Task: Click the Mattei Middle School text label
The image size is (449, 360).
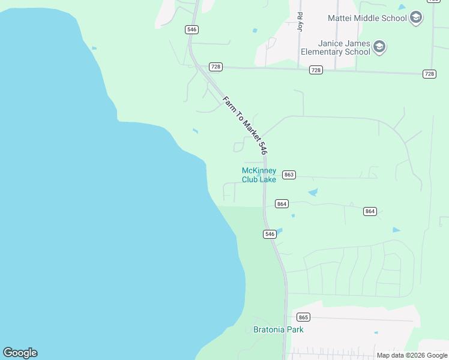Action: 367,18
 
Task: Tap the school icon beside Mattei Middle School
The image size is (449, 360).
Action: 416,17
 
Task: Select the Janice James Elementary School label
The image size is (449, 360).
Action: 336,47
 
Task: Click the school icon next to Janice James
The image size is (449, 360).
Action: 379,47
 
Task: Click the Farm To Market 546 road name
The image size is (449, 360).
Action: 245,125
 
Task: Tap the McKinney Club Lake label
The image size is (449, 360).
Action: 259,175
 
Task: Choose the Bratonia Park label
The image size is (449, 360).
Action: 279,329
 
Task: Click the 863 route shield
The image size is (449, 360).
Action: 289,175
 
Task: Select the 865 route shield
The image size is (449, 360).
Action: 303,317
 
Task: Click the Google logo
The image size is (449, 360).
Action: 20,353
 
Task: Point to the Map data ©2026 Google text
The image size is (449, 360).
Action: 412,355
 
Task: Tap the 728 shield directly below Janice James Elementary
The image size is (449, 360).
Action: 316,70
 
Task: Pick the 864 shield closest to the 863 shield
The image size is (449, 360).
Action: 282,204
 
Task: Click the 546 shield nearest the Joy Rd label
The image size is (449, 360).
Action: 192,29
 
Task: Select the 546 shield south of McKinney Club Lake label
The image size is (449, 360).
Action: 270,234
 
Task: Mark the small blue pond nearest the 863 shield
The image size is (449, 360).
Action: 312,193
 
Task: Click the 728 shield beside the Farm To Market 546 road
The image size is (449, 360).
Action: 215,66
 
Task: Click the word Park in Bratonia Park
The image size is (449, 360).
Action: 294,329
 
